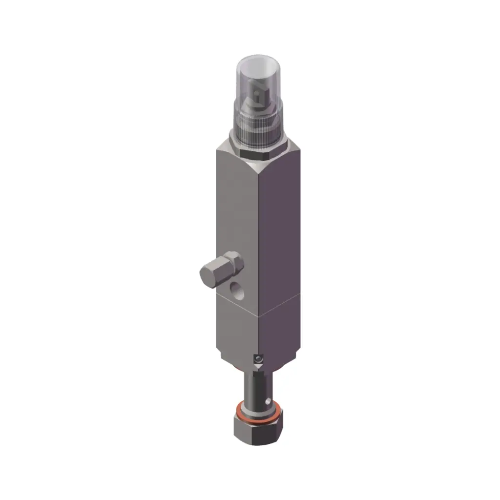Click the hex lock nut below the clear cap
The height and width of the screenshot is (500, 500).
point(257,152)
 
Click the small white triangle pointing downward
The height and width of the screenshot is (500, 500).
point(259,367)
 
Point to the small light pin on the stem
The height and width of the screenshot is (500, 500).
point(267,400)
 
